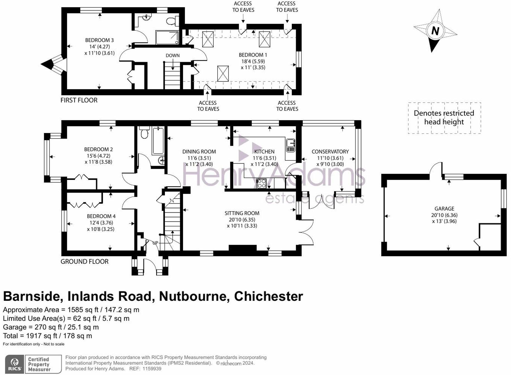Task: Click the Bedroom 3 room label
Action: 99,40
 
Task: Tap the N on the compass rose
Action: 435,30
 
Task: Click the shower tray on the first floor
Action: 167,37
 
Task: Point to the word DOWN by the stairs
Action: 172,55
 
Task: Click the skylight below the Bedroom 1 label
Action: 223,74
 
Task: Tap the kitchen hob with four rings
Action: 261,183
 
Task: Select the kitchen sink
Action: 290,145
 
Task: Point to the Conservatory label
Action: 330,152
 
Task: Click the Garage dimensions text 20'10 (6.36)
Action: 444,215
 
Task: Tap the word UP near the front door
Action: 155,243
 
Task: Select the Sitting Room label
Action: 242,213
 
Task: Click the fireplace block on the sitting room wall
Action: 242,248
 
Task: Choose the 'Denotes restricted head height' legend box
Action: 444,118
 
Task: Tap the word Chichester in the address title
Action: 268,296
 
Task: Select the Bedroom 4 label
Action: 101,216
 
